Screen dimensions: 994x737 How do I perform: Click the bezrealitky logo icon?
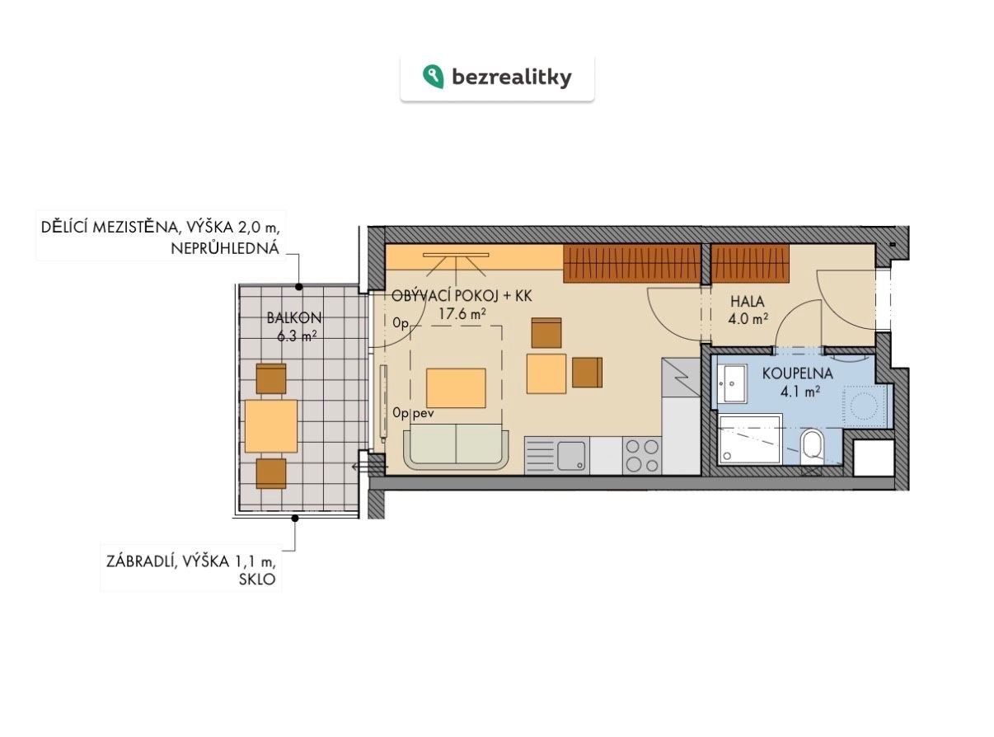coord(433,77)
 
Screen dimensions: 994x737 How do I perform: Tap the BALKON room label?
coord(294,318)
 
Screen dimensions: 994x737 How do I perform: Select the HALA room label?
coord(747,301)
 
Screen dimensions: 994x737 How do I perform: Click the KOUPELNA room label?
coord(797,373)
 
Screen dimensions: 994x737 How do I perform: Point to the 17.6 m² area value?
coord(462,314)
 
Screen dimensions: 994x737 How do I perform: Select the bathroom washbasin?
coord(732,383)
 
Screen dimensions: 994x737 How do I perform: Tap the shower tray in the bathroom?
coord(750,439)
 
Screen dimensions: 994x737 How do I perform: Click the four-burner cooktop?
coord(642,455)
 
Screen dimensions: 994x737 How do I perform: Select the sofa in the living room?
coord(457,446)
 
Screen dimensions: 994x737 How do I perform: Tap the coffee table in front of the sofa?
coord(456,388)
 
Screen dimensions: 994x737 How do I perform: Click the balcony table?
coord(270,426)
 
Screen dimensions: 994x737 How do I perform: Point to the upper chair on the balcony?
coord(271,379)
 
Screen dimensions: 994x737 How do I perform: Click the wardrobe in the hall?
coord(750,264)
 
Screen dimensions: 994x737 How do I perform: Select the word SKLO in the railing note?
coord(257,580)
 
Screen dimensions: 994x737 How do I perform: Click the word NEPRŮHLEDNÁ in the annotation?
coord(225,248)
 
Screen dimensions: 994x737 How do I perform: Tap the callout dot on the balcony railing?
coord(295,519)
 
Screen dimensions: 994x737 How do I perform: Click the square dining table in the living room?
coord(546,374)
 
